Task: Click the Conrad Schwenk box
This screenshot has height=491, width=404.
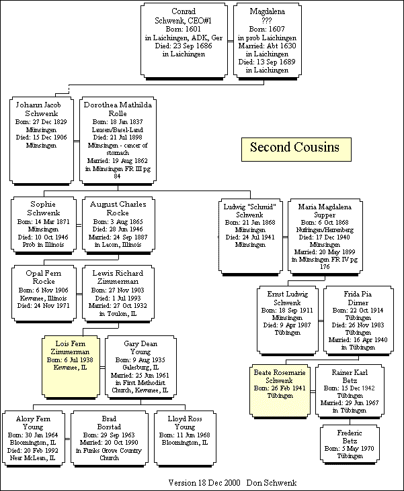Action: coord(184,40)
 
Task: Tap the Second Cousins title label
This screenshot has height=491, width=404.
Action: coord(294,148)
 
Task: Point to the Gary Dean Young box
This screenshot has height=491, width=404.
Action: coord(140,366)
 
